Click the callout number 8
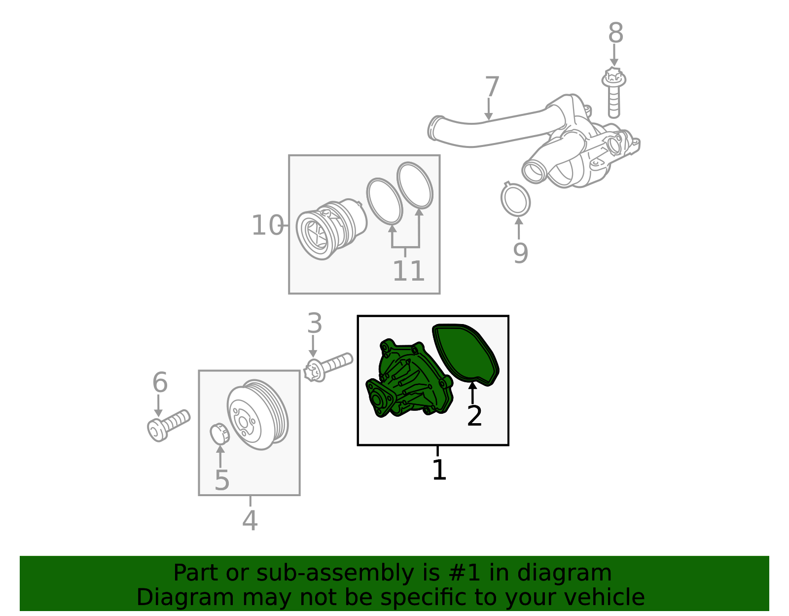616,33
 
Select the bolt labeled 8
613,93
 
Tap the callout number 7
492,86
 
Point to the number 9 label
520,253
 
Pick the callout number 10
268,225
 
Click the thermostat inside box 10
331,229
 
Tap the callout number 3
315,323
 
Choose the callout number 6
160,382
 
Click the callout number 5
222,480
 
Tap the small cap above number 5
219,434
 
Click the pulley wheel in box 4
257,415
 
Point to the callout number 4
250,520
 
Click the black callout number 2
474,416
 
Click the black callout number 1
439,470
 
